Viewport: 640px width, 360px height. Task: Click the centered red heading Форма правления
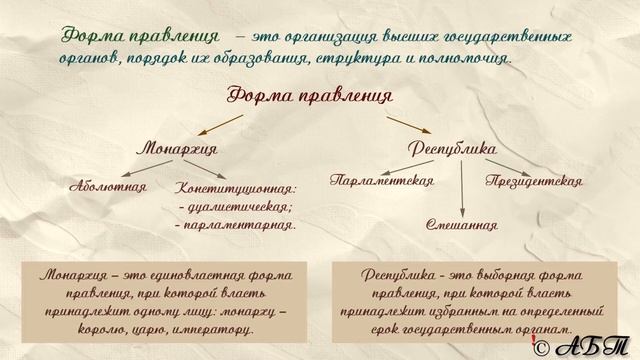[309, 95]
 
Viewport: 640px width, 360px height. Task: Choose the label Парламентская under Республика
[382, 181]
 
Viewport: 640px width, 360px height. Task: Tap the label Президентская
[534, 181]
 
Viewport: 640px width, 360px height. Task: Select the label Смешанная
[461, 224]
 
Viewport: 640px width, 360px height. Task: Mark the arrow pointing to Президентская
[505, 167]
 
